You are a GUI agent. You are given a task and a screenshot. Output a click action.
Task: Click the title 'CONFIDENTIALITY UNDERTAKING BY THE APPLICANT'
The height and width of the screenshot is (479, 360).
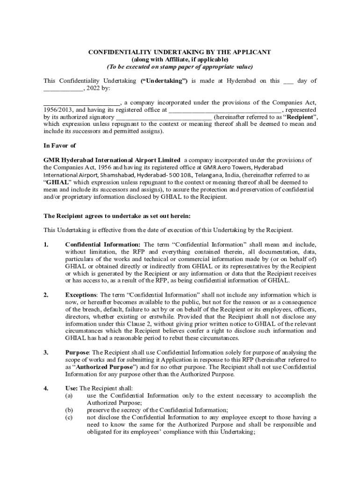pos(180,52)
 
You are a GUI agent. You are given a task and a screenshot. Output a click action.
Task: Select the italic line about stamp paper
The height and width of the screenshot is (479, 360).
pos(180,66)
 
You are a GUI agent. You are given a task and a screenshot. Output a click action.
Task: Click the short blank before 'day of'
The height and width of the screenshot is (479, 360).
pos(288,81)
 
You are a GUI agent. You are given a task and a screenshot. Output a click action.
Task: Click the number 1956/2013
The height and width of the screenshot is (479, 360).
pos(58,110)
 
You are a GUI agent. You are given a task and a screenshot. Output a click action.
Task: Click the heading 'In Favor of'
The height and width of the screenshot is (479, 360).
pos(59,145)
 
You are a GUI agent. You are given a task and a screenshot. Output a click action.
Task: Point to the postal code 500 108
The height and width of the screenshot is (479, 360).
pos(179,174)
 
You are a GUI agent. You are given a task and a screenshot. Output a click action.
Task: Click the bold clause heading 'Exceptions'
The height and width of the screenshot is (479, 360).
pos(81,295)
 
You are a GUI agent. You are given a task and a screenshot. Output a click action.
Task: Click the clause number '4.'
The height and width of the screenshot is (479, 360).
pos(46,388)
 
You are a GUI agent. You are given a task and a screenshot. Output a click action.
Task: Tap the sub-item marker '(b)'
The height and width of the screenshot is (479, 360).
pos(69,410)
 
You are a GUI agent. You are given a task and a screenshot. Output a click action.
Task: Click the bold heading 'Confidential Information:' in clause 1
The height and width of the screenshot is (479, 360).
pos(103,245)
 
